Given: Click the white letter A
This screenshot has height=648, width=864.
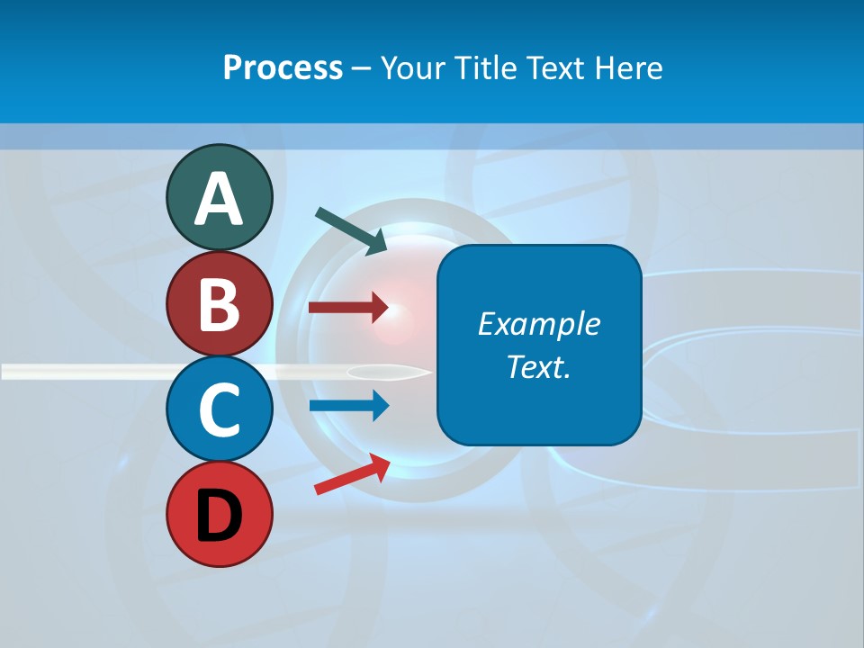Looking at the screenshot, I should pyautogui.click(x=220, y=199).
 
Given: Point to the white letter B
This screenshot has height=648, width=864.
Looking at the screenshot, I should pyautogui.click(x=220, y=304).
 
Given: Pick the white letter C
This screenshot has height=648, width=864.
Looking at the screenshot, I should pyautogui.click(x=220, y=409).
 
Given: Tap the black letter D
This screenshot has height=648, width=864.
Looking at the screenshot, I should pyautogui.click(x=220, y=516).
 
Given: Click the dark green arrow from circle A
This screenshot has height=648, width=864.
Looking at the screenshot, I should pyautogui.click(x=352, y=229).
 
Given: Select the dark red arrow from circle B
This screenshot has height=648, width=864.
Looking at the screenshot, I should pyautogui.click(x=348, y=308).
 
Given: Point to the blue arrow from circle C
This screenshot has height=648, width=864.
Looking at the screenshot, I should pyautogui.click(x=348, y=406).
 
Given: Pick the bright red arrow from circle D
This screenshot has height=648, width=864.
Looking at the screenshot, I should pyautogui.click(x=352, y=474).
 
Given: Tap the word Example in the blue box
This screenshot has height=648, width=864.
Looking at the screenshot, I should pyautogui.click(x=539, y=324).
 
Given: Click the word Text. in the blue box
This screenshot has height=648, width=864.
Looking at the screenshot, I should pyautogui.click(x=539, y=367).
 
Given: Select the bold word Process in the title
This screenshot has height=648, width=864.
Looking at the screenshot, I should pyautogui.click(x=283, y=67).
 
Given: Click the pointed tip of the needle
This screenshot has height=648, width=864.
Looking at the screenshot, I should pyautogui.click(x=429, y=371).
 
